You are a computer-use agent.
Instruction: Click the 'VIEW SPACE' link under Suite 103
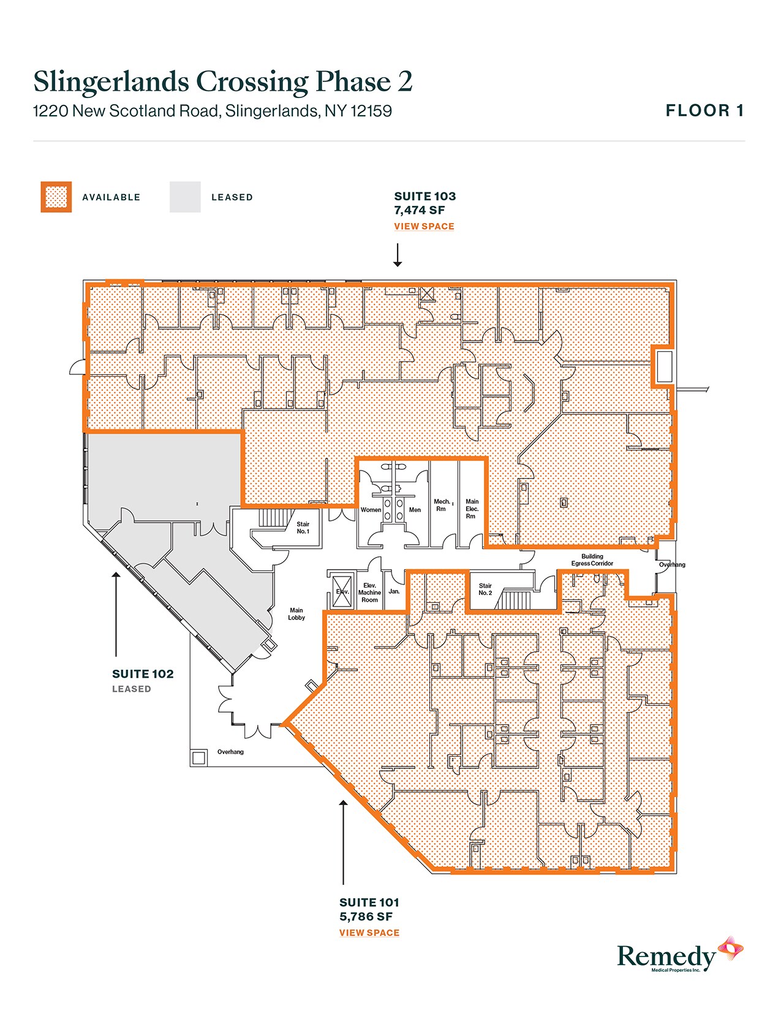[x=424, y=226]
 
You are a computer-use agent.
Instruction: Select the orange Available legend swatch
[x=56, y=197]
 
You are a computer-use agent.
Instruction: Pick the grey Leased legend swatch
[x=185, y=197]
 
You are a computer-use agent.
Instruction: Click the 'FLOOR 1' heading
[x=704, y=110]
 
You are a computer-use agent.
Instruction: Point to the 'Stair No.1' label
[x=303, y=527]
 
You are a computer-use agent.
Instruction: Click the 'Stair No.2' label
[x=485, y=589]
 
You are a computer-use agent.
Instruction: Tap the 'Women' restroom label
[x=371, y=509]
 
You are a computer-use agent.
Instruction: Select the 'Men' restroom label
[x=415, y=509]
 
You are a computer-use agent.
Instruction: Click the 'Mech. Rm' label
[x=442, y=505]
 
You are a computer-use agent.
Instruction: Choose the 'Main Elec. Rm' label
[x=472, y=509]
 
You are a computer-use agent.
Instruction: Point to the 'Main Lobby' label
[x=296, y=614]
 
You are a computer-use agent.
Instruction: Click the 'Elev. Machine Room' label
[x=369, y=593]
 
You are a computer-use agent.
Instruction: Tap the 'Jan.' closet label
[x=394, y=591]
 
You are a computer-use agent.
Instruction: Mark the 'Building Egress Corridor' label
[x=592, y=559]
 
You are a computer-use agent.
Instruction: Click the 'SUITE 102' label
[x=143, y=673]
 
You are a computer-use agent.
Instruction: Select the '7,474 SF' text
[x=419, y=210]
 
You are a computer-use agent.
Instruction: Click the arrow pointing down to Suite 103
[x=398, y=255]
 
